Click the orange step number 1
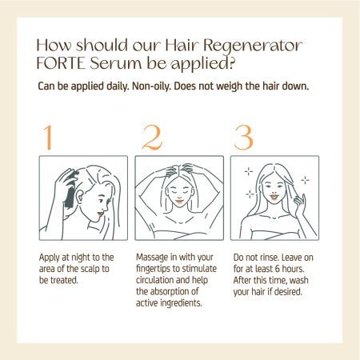[x=48, y=138]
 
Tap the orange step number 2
[x=152, y=138]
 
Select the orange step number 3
[x=243, y=138]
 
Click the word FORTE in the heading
[x=61, y=63]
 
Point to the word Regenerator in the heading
[x=253, y=46]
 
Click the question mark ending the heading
[x=232, y=63]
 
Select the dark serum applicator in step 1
[x=70, y=190]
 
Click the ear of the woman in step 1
[x=79, y=197]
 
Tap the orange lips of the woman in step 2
[x=179, y=202]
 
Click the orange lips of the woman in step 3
[x=274, y=198]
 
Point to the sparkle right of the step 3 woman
[x=305, y=181]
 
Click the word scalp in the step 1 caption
[x=90, y=269]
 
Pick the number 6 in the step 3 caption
[x=277, y=269]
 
